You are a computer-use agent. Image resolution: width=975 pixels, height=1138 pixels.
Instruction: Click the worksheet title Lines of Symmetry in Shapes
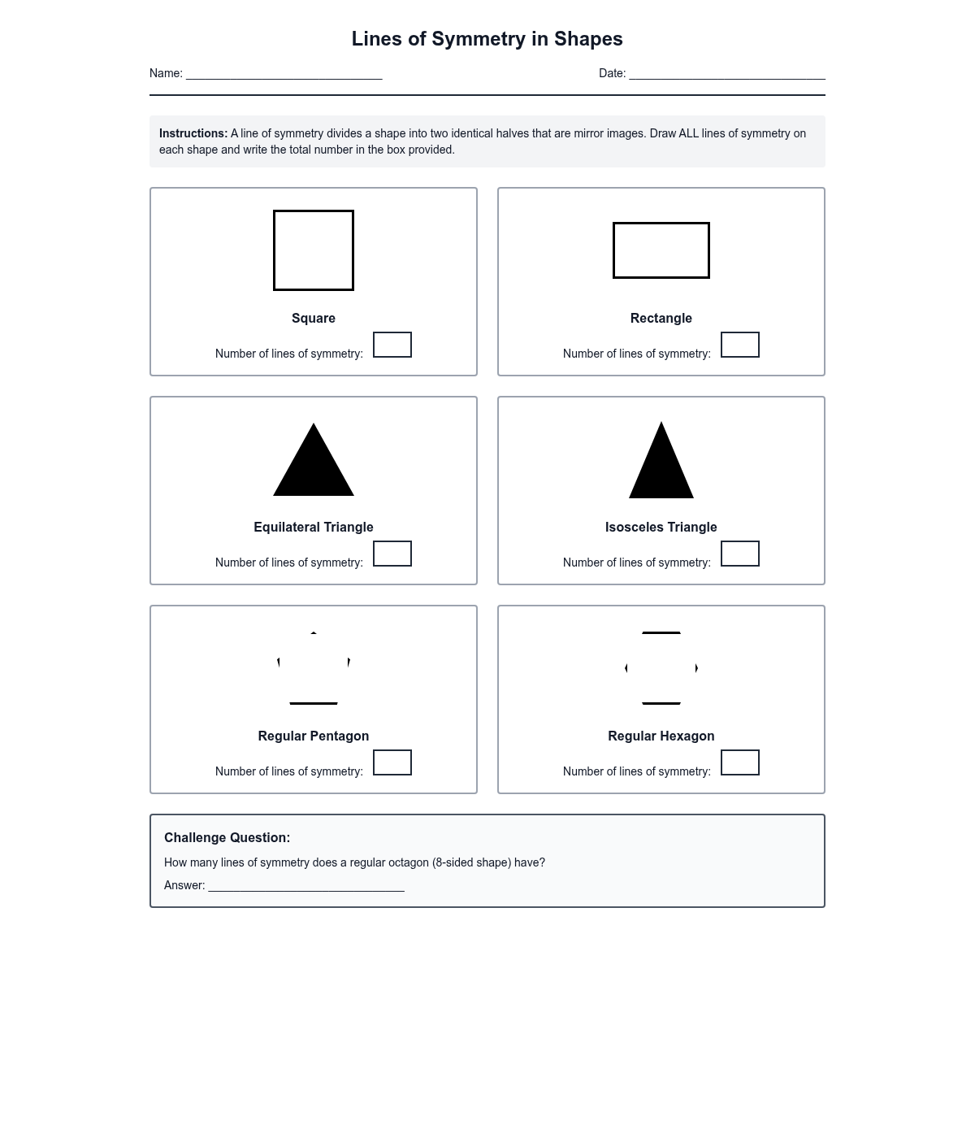pos(487,39)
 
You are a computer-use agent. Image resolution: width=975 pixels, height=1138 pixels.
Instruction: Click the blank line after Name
pos(284,74)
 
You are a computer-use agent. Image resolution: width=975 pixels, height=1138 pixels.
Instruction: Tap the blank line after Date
pos(726,74)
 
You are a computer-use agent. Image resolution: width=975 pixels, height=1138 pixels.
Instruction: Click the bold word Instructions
pos(193,133)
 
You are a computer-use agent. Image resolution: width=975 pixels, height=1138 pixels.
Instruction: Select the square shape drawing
pos(314,250)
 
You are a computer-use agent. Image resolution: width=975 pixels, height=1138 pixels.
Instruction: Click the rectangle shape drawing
pos(661,250)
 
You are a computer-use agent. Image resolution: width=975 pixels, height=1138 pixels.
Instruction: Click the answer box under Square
pos(392,345)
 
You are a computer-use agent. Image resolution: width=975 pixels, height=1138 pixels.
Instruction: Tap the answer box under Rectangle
pos(740,345)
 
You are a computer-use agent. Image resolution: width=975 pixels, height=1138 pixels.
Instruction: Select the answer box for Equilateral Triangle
pos(392,554)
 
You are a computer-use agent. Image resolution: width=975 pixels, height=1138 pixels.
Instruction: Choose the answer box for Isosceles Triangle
pos(740,554)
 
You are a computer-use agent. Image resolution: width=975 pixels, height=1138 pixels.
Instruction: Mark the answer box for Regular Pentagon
pos(392,762)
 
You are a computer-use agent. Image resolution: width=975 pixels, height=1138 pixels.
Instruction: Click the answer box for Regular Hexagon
pos(740,762)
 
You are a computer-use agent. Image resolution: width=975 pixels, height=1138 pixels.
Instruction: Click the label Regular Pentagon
pos(314,736)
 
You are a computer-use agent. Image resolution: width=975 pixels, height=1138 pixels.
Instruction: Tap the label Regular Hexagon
pos(661,736)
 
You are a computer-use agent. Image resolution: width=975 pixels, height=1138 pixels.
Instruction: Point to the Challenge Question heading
pos(227,837)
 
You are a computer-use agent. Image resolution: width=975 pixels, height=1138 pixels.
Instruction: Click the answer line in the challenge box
pos(306,886)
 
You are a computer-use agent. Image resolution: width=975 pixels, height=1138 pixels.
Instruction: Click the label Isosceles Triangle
pos(661,527)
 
